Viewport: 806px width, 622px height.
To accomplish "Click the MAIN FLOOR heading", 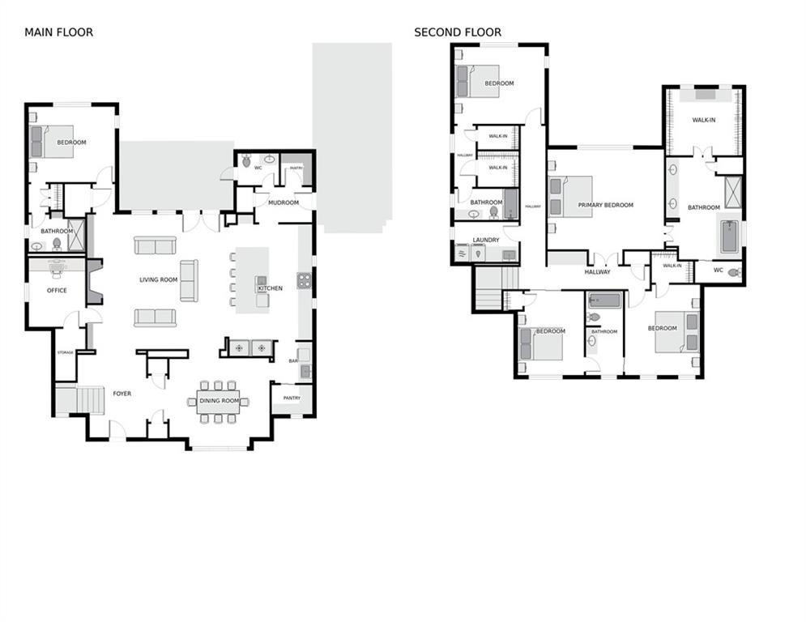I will point(58,32).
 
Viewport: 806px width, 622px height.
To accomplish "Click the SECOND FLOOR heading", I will point(458,32).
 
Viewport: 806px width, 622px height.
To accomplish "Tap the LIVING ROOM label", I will point(159,280).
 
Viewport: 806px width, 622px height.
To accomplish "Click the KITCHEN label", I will point(270,288).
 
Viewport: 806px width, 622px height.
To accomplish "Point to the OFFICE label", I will point(57,290).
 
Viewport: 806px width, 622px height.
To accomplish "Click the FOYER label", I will point(122,394).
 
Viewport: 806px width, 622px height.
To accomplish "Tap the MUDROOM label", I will point(284,202).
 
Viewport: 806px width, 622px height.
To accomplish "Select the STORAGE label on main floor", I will point(65,352).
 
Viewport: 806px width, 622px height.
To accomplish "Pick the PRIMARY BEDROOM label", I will point(605,206).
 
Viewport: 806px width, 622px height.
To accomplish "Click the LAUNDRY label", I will point(486,241).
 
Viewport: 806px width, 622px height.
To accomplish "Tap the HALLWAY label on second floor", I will point(598,273).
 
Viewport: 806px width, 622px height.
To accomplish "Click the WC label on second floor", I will point(718,270).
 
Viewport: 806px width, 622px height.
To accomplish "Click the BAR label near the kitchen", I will point(293,362).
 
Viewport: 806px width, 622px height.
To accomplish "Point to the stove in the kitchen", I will point(305,281).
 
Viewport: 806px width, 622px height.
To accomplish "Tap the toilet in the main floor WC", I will point(246,162).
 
